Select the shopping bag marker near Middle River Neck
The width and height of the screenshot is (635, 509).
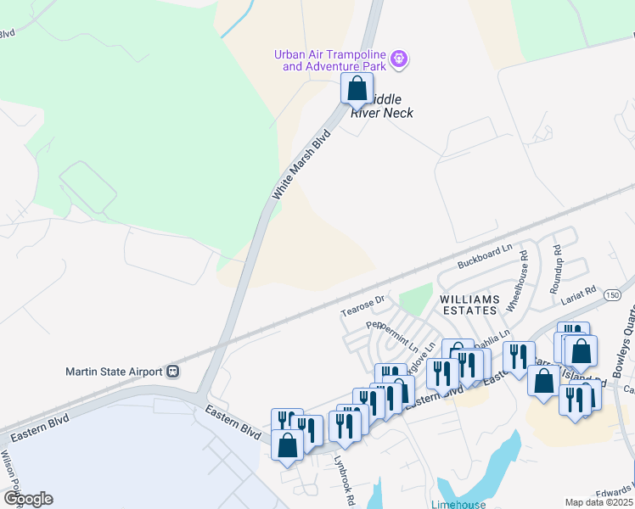point(357,88)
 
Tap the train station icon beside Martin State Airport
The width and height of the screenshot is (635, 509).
point(173,371)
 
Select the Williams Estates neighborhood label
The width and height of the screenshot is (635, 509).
point(468,305)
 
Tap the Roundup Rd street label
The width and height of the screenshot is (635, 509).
point(558,264)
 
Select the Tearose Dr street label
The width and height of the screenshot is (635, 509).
point(362,305)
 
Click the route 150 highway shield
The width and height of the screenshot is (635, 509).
point(614,295)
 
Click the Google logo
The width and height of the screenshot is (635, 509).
point(28,499)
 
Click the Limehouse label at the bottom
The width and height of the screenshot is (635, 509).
point(458,504)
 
